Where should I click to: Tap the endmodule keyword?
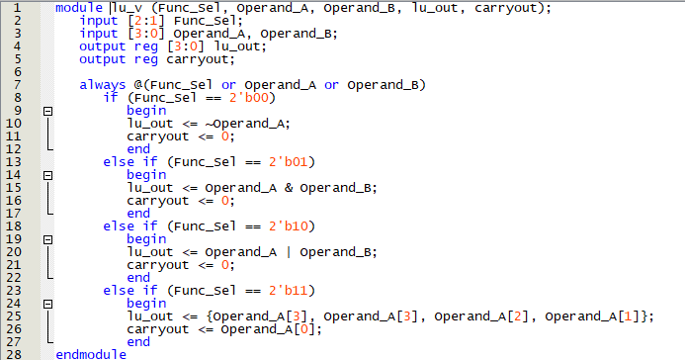click(91, 354)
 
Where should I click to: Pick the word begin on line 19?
click(146, 239)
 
